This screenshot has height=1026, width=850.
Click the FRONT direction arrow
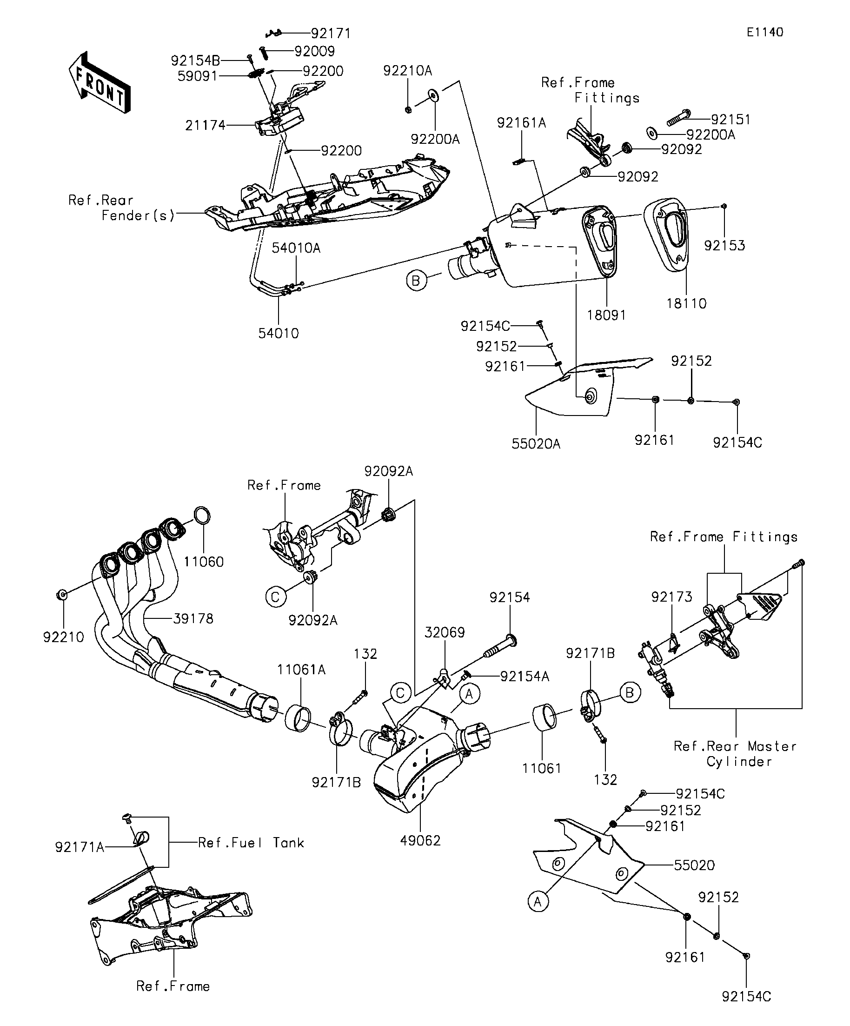(x=99, y=82)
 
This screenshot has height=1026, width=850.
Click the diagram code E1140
(x=765, y=32)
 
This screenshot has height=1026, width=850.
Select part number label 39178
(x=193, y=618)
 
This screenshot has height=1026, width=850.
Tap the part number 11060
(x=204, y=562)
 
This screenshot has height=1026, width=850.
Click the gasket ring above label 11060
(x=203, y=516)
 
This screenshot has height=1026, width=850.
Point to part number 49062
(x=420, y=840)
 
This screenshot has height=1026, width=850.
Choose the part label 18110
(x=686, y=303)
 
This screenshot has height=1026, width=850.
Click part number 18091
(x=606, y=315)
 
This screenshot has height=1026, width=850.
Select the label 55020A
(x=536, y=443)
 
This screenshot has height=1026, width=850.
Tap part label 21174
(x=205, y=126)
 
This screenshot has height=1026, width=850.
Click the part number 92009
(x=314, y=51)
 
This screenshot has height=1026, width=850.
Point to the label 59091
(x=197, y=76)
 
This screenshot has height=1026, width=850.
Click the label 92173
(x=672, y=597)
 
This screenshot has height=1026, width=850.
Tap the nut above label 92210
(x=62, y=595)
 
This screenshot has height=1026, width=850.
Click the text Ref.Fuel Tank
(x=251, y=843)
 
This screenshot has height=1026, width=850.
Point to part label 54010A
(x=296, y=248)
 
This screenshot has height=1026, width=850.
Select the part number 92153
(x=724, y=245)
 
